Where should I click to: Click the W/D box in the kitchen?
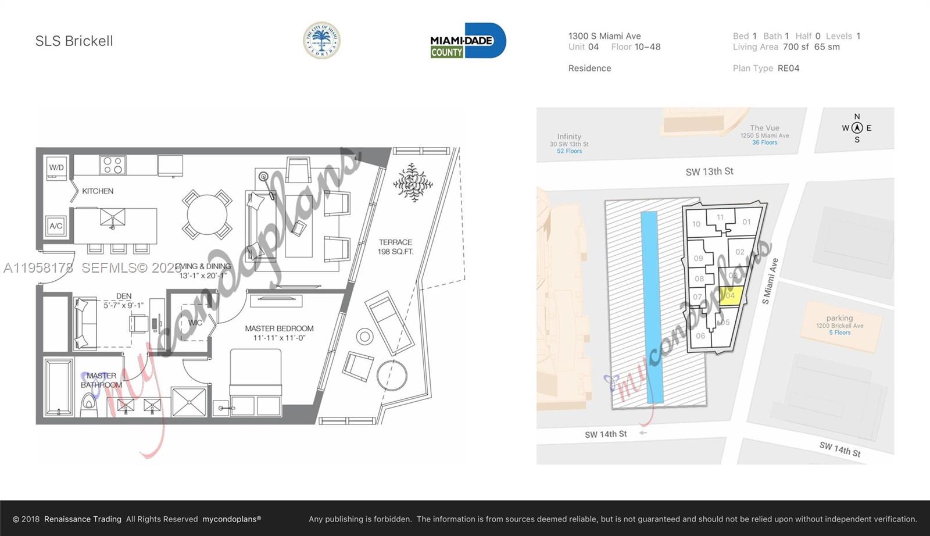[56, 167]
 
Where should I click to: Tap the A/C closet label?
[56, 226]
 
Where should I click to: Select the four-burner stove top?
[112, 165]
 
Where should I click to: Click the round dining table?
[207, 215]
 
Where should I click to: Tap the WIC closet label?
[195, 323]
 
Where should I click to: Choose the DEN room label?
[123, 296]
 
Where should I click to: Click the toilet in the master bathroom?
[89, 402]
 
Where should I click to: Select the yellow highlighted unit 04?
[731, 295]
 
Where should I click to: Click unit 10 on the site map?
[696, 224]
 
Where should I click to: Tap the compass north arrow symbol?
[857, 128]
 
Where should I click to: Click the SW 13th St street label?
[709, 171]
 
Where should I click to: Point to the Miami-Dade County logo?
[468, 41]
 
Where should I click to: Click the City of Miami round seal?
[321, 41]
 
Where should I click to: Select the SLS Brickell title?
[74, 41]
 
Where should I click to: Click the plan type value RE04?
[788, 68]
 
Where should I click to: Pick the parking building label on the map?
[839, 319]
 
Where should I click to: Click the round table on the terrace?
[392, 376]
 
